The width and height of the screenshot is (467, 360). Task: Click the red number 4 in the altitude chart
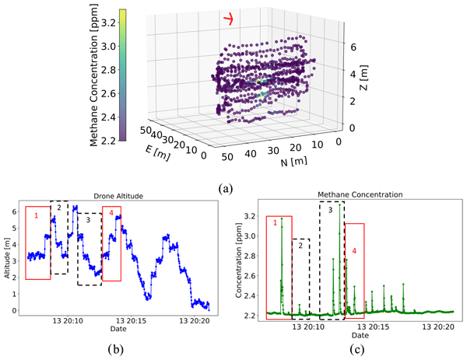[111, 212]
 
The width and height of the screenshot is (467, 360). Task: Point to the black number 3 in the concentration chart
[330, 210]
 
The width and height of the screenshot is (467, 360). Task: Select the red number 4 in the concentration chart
[354, 250]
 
